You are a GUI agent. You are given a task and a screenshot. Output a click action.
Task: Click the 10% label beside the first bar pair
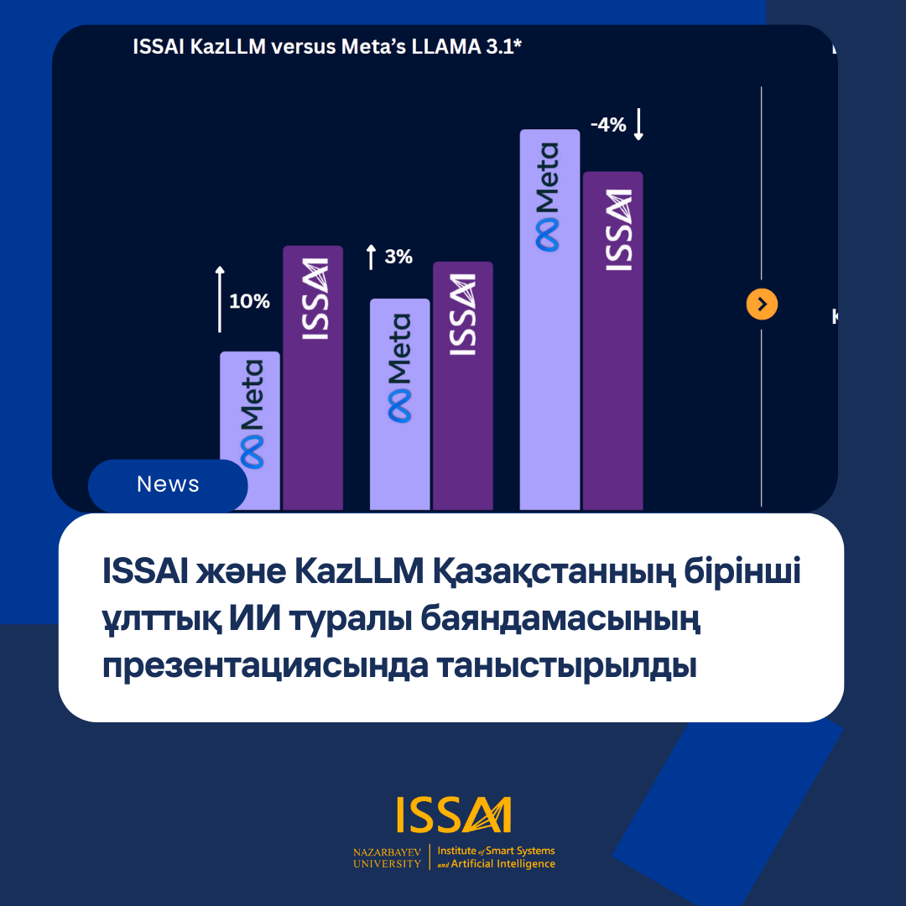coord(249,301)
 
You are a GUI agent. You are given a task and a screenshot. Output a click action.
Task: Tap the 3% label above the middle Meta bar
coord(398,257)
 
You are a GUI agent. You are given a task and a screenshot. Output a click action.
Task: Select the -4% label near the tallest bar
coord(608,125)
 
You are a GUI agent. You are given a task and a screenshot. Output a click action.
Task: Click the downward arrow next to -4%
coord(638,124)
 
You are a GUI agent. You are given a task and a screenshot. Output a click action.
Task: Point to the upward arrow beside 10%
coord(220,299)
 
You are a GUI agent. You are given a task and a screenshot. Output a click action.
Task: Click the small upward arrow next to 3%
coord(371,257)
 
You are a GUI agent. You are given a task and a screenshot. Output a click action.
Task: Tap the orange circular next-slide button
coord(762,305)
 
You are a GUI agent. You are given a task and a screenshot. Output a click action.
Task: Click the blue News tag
coord(168,485)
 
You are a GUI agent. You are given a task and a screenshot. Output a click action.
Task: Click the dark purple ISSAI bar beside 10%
coord(313,377)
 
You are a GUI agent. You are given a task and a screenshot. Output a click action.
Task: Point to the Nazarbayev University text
coord(387,857)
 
